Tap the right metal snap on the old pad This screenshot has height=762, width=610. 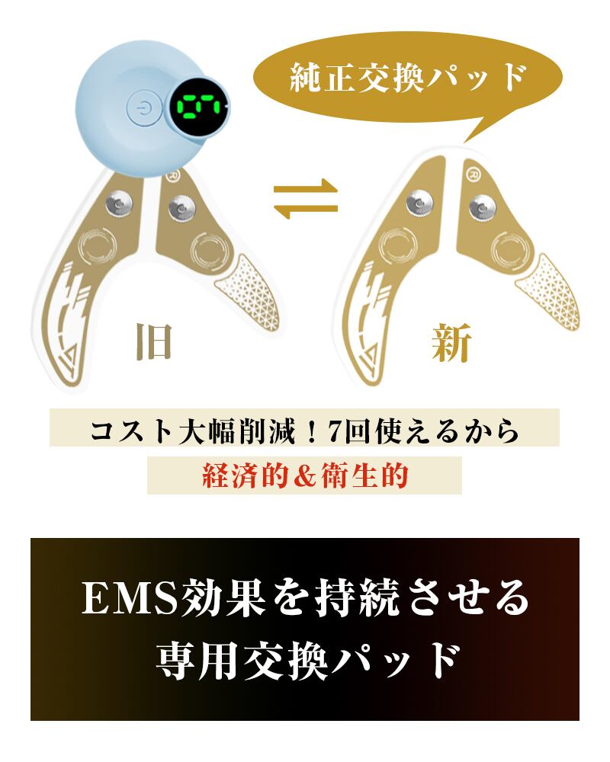click(x=182, y=205)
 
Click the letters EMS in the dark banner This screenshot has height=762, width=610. click(x=129, y=600)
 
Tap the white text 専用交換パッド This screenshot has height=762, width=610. click(x=305, y=661)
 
